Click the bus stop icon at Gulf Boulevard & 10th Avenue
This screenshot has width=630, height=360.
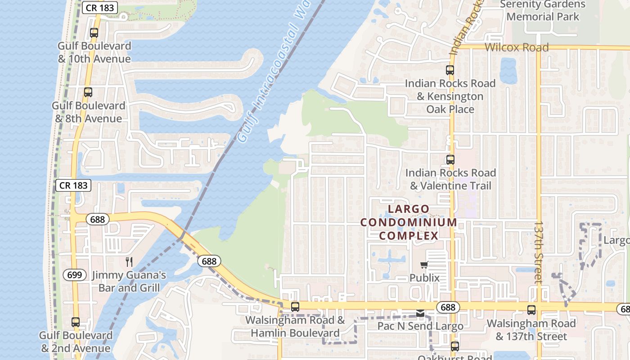click(x=94, y=33)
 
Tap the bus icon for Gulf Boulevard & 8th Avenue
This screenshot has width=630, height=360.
click(x=88, y=92)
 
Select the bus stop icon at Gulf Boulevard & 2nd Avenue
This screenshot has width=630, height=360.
click(x=76, y=322)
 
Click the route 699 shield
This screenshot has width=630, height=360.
click(x=75, y=274)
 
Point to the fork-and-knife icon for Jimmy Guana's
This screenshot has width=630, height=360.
click(x=129, y=262)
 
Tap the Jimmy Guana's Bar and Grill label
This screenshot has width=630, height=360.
click(x=129, y=281)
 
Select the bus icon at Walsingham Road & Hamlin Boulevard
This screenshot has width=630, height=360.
click(x=295, y=307)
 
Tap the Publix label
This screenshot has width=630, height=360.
click(x=424, y=278)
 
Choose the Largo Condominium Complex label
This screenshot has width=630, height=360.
click(x=409, y=222)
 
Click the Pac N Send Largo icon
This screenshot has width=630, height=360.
click(x=420, y=313)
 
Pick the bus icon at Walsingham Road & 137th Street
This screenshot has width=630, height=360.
click(x=531, y=310)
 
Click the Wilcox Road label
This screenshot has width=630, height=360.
click(x=517, y=47)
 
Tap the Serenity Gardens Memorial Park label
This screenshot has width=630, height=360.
click(x=543, y=11)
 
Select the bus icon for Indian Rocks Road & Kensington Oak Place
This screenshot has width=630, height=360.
click(x=450, y=70)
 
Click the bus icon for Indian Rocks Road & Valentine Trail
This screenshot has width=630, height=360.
click(x=450, y=160)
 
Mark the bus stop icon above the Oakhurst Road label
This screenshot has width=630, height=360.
click(x=455, y=346)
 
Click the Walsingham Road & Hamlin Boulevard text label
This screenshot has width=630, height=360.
click(x=295, y=327)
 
